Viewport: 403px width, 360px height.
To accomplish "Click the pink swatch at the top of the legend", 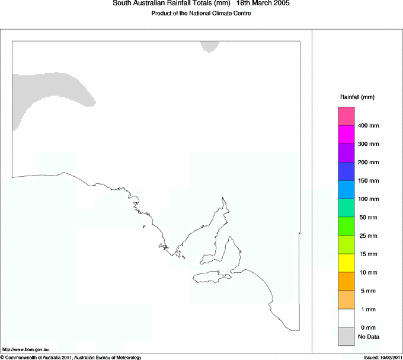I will tap(346, 116).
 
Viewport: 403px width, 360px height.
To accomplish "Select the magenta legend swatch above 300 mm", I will tap(346, 135).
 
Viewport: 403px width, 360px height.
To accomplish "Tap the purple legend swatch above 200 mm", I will tap(346, 153).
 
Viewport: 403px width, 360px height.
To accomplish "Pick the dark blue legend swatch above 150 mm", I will tap(346, 171).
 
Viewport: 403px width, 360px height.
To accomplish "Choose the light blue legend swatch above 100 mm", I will tap(346, 190).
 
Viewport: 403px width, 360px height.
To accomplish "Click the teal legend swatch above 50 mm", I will tap(346, 208).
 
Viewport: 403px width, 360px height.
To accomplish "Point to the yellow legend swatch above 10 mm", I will tap(346, 263).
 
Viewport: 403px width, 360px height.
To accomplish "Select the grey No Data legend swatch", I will tap(346, 336).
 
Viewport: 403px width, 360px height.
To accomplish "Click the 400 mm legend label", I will tap(368, 126).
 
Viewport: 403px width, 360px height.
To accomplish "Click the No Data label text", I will tap(368, 337).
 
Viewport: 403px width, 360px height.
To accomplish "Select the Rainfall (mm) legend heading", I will tap(357, 97).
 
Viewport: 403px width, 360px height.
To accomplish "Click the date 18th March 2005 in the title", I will tap(263, 4).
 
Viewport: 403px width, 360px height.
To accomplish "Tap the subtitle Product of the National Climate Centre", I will tap(201, 13).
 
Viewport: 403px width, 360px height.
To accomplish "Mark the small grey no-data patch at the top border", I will tap(209, 46).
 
